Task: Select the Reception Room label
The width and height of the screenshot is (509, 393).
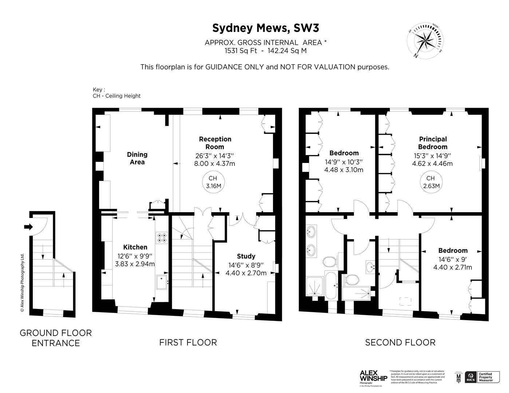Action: [x=215, y=143]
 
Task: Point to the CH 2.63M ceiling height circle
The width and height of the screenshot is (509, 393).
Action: [x=430, y=182]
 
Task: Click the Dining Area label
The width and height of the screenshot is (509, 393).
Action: [x=137, y=158]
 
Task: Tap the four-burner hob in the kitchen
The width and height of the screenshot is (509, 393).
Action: [x=162, y=238]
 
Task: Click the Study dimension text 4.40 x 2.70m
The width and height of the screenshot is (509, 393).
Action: [x=246, y=273]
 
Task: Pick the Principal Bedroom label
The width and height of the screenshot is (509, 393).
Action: [x=433, y=143]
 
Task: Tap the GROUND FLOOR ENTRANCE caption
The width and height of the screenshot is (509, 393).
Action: [x=56, y=338]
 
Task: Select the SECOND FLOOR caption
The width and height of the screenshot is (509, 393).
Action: [x=400, y=342]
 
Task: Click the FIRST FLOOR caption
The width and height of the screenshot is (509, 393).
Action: [x=188, y=342]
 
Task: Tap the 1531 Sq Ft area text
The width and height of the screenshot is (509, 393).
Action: [x=241, y=51]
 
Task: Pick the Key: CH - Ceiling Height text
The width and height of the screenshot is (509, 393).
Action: [x=117, y=93]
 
